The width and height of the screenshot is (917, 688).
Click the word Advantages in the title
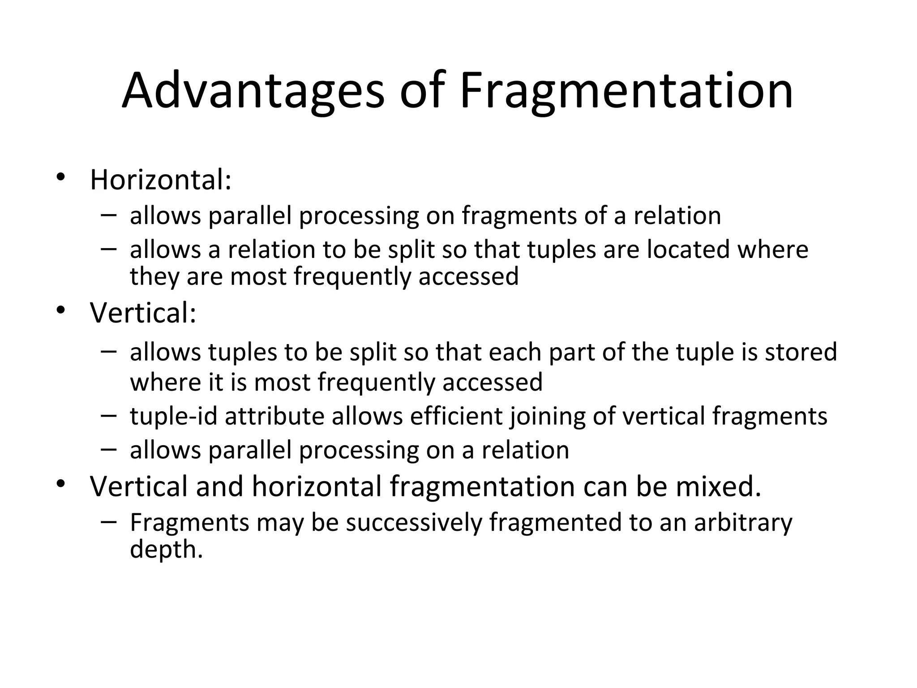click(253, 92)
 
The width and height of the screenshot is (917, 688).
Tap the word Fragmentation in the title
click(626, 92)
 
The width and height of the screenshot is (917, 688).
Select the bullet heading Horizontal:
click(161, 180)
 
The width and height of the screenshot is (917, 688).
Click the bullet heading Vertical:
click(143, 313)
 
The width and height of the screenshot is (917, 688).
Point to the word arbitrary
click(743, 523)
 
